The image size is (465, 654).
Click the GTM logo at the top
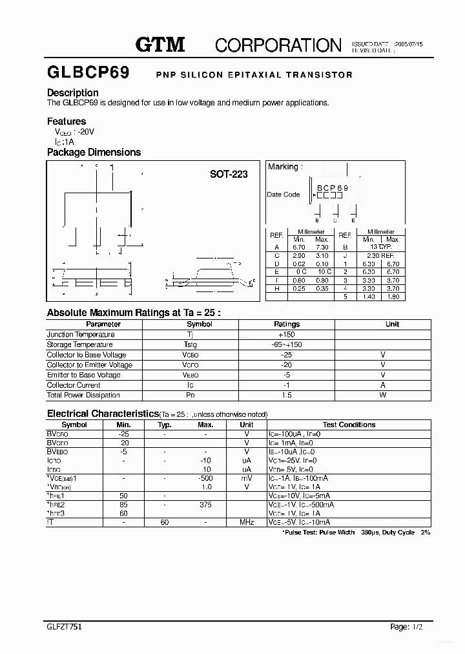(x=160, y=45)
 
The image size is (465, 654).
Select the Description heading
(x=72, y=92)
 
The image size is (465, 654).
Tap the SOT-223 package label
(x=229, y=174)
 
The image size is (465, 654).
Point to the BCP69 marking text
(x=332, y=188)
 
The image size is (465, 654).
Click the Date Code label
(x=284, y=195)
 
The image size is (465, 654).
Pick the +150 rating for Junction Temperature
(x=287, y=335)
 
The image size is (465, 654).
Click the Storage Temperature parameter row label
(x=79, y=344)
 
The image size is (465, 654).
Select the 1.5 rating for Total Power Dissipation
(x=287, y=395)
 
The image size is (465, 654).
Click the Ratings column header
(x=287, y=324)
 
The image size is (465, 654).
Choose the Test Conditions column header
(x=349, y=425)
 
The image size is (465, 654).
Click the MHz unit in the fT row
(x=247, y=522)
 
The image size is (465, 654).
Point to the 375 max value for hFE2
(x=205, y=504)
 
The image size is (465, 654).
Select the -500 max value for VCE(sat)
(x=205, y=478)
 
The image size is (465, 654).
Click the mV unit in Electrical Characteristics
(x=247, y=478)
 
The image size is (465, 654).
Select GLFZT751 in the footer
(x=65, y=627)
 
